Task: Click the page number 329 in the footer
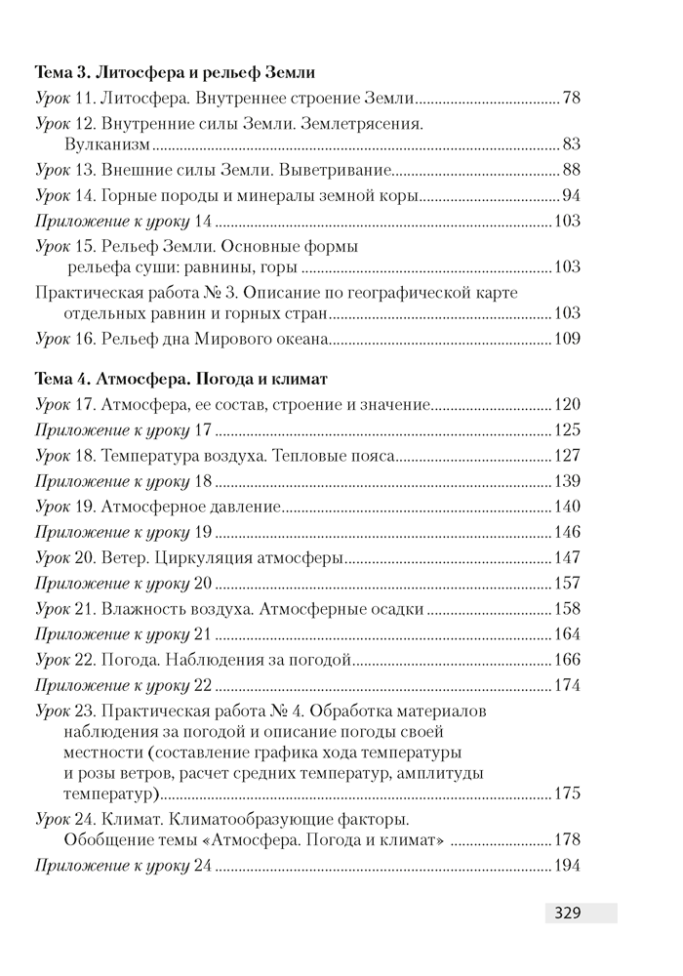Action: pos(568,915)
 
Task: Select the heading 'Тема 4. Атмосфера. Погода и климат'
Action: pos(181,377)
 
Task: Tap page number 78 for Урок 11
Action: pos(572,98)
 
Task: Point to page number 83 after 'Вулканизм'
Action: pos(572,144)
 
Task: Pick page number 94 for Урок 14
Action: pos(572,195)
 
